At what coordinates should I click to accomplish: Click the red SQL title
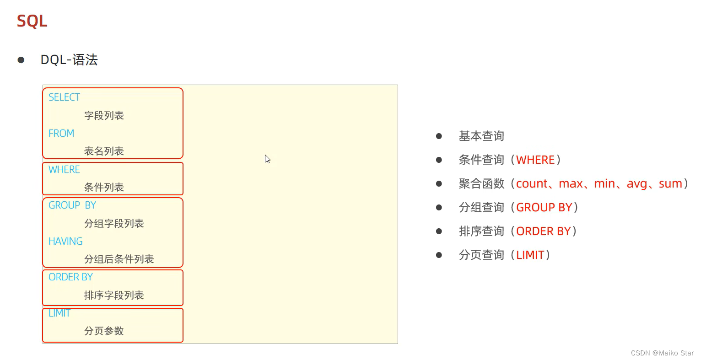click(x=32, y=21)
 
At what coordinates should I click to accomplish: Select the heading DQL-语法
click(x=69, y=60)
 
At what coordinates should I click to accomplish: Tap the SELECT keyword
click(x=64, y=97)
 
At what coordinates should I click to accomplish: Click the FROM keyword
click(x=61, y=134)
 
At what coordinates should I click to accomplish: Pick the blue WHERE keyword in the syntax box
click(x=64, y=170)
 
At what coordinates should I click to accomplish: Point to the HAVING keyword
click(x=65, y=242)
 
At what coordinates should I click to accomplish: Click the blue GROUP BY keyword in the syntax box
click(x=72, y=205)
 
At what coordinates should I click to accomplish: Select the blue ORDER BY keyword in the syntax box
click(x=70, y=277)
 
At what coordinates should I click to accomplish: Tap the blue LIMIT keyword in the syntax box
click(x=59, y=313)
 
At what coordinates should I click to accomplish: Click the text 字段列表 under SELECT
click(x=104, y=116)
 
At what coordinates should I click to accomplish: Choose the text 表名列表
click(x=104, y=151)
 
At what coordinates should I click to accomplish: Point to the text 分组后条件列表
click(x=119, y=259)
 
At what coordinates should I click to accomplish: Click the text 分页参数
click(x=104, y=331)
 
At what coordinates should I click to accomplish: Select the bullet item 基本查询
click(x=481, y=136)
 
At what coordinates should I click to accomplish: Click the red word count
click(x=532, y=184)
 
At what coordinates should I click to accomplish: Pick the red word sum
click(x=670, y=184)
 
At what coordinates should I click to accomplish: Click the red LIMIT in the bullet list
click(x=530, y=255)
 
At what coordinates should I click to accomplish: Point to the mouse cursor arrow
click(x=267, y=159)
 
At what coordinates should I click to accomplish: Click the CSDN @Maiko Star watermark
click(x=662, y=353)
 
